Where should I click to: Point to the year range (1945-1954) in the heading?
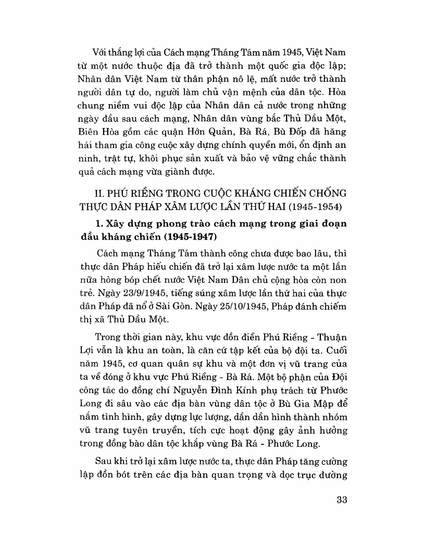point(311,206)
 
